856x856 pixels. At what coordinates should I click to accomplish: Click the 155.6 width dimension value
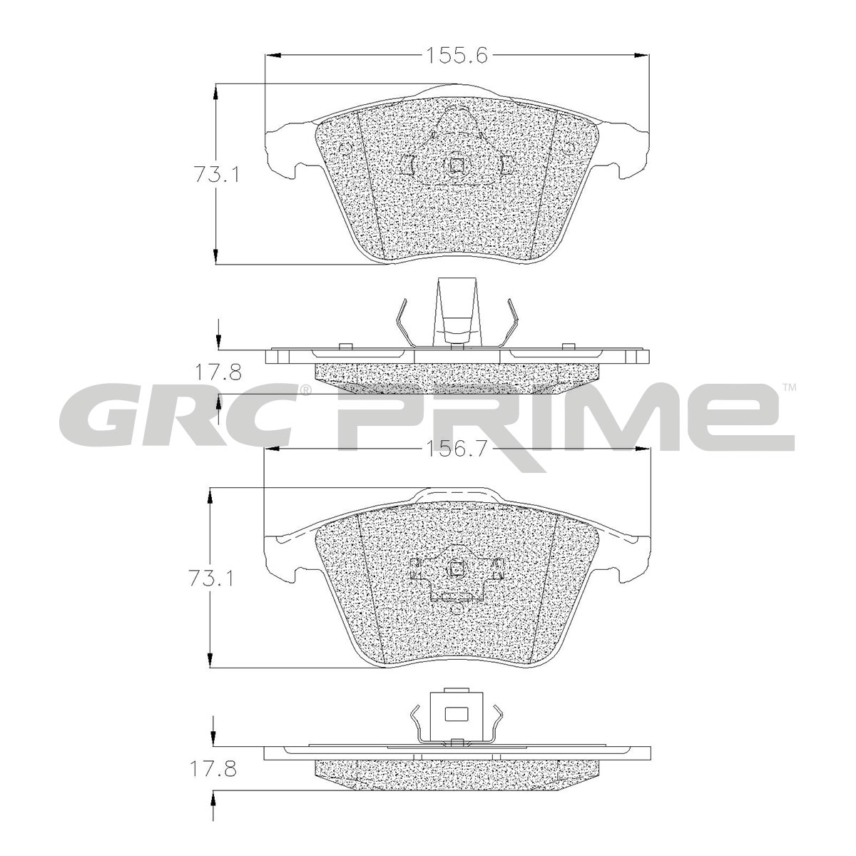457,56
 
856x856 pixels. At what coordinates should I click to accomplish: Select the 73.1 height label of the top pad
216,174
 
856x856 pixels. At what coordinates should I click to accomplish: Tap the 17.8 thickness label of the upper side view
218,373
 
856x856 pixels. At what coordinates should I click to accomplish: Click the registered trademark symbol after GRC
305,390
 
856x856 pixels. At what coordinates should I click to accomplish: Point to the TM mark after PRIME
790,388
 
